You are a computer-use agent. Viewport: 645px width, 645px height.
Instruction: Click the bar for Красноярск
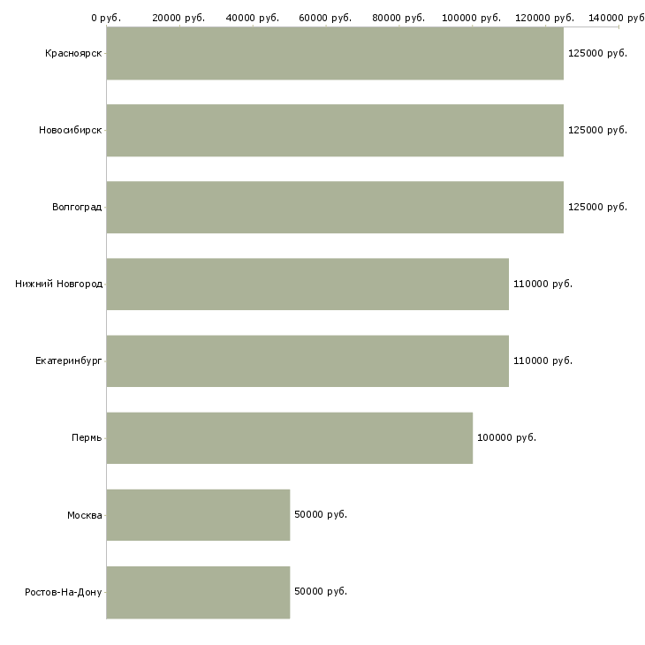(335, 54)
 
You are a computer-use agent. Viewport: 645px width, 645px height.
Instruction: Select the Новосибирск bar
(335, 131)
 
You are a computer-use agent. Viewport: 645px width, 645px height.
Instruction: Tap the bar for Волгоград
(335, 208)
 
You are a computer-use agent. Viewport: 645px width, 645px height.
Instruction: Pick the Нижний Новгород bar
(307, 285)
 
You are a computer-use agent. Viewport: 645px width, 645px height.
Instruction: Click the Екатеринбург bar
(307, 361)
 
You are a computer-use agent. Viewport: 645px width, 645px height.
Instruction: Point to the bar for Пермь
(290, 438)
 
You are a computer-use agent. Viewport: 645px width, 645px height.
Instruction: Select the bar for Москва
(198, 515)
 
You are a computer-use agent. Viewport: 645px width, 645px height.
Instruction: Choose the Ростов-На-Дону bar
(198, 592)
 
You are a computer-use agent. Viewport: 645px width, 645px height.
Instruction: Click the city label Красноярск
(73, 54)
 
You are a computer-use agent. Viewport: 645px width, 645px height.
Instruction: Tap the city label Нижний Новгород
(58, 284)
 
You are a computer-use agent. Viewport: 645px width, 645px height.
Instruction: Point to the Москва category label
(84, 515)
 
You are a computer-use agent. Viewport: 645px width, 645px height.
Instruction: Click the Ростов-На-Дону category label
(63, 592)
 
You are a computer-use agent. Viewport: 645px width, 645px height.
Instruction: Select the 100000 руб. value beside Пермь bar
(506, 437)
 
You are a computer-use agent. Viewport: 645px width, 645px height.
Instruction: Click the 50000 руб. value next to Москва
(321, 514)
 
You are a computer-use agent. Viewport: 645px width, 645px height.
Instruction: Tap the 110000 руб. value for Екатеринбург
(543, 360)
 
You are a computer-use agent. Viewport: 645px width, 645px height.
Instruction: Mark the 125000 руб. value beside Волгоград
(597, 207)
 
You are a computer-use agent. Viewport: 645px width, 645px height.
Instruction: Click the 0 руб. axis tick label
(106, 18)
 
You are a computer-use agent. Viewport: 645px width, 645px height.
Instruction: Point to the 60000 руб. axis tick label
(325, 18)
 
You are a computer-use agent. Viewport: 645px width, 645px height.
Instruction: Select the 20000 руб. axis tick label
(178, 18)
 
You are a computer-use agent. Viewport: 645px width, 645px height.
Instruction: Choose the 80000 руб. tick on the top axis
(398, 18)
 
